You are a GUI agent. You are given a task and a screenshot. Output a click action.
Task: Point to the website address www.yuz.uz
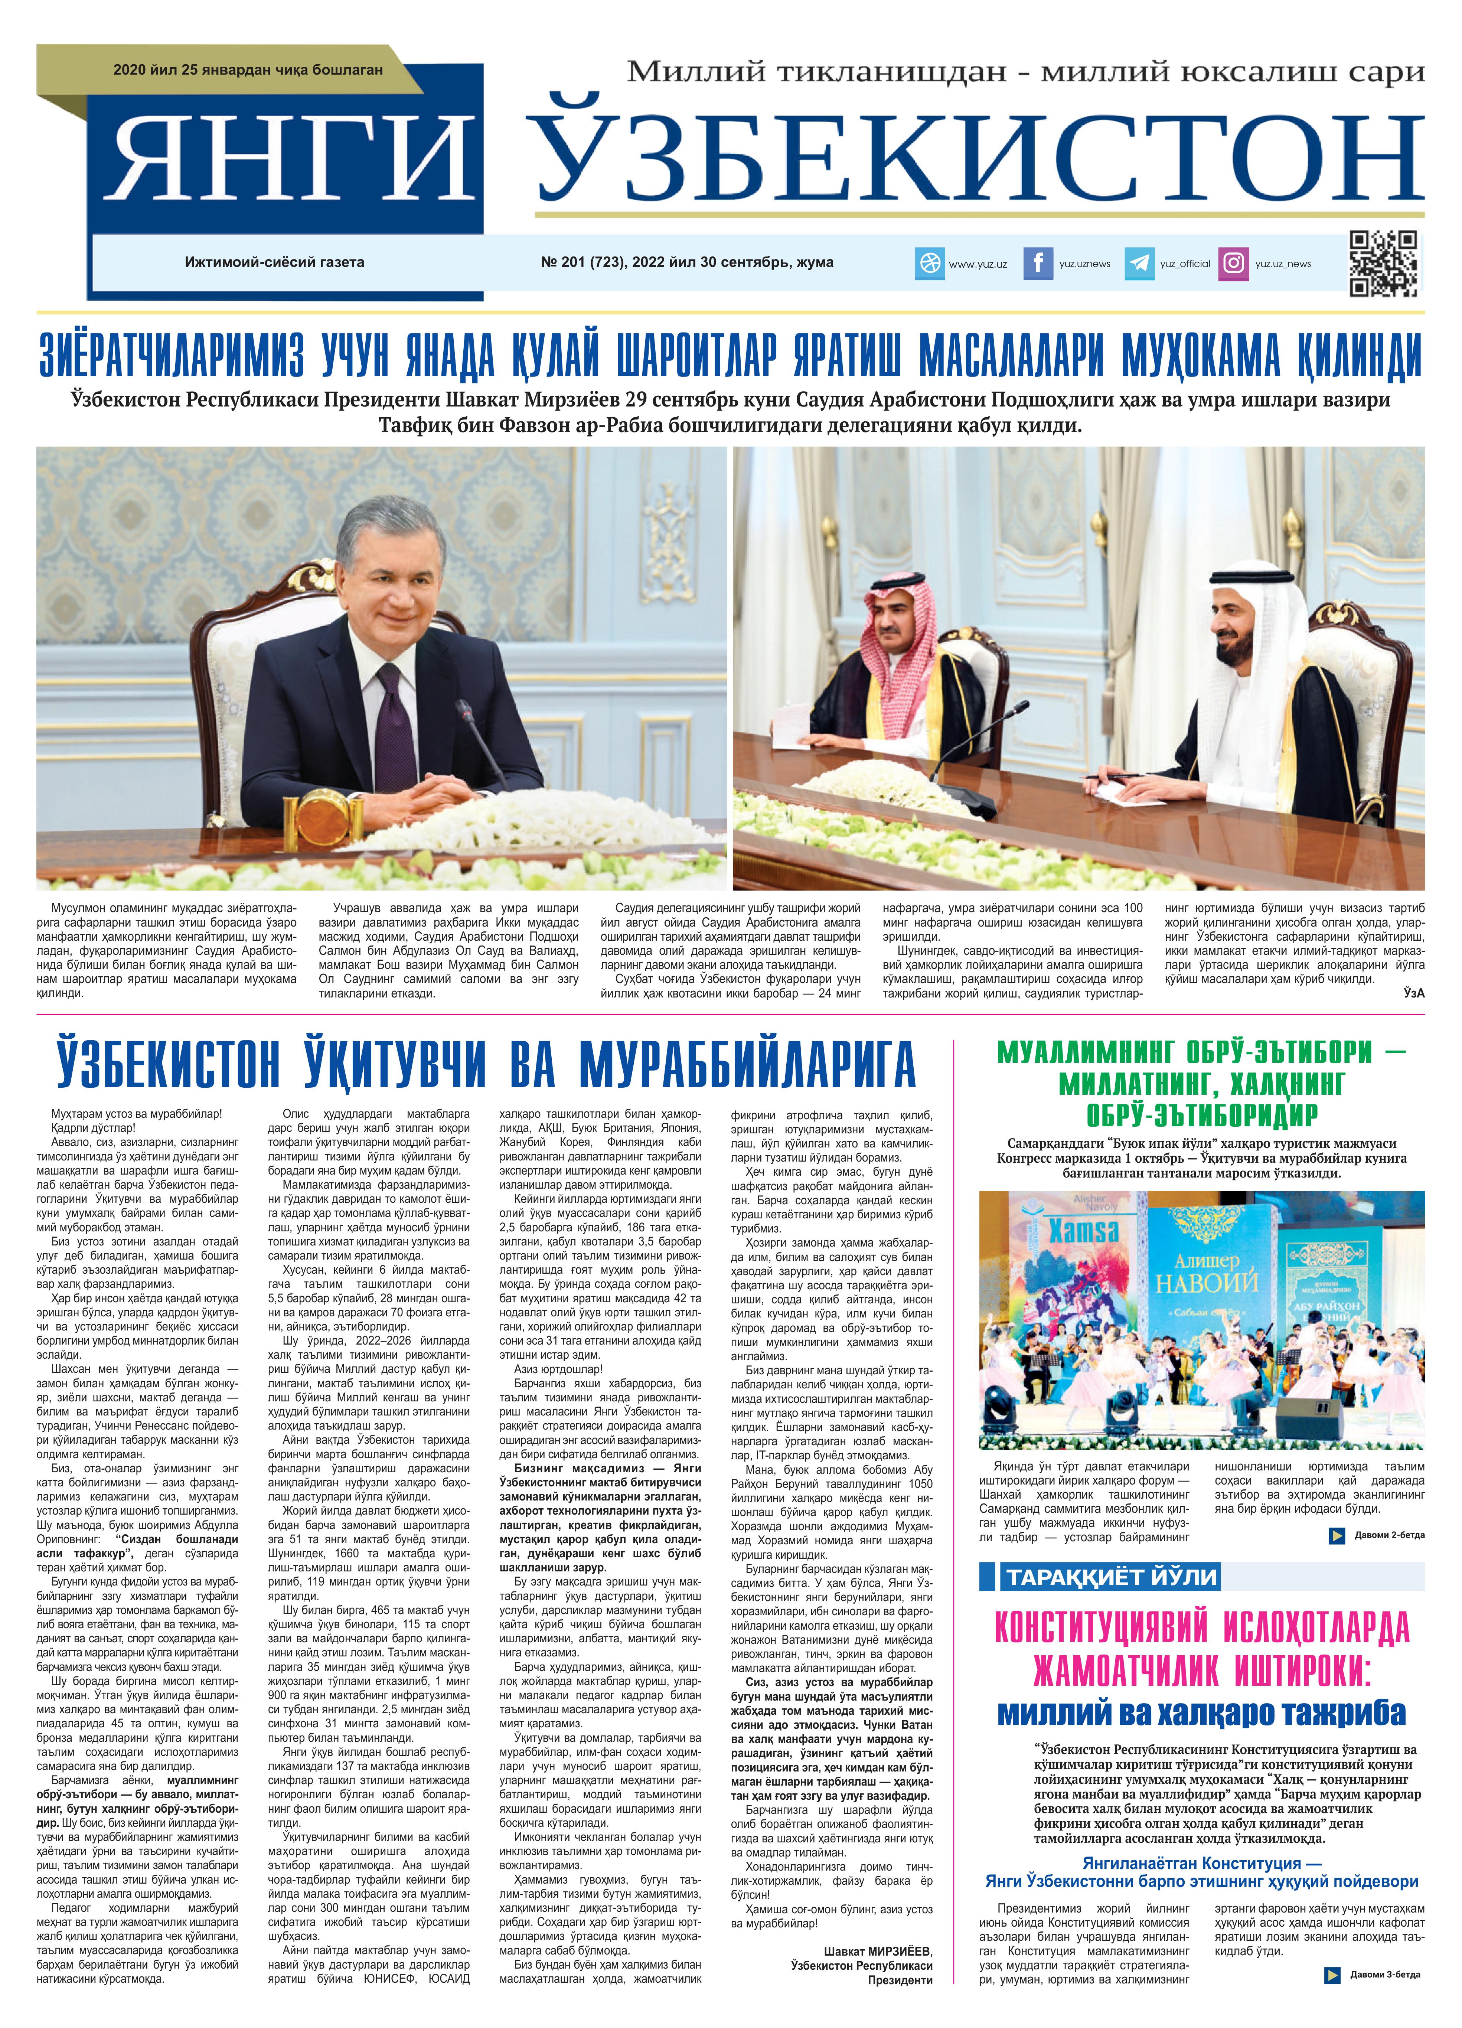click(978, 264)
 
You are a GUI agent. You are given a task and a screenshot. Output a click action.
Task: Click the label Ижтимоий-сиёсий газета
click(274, 262)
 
